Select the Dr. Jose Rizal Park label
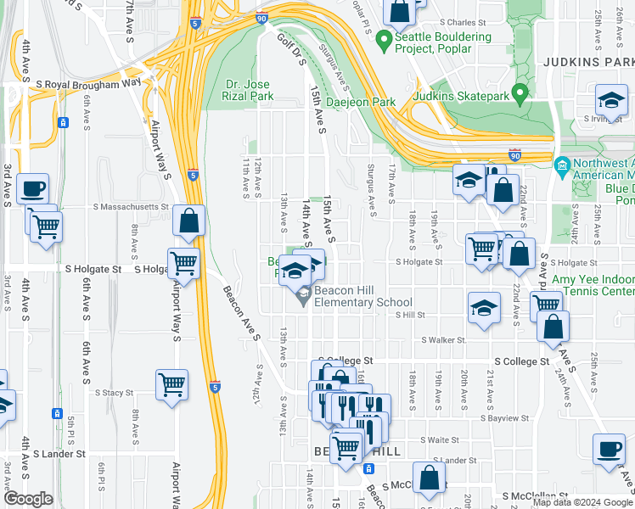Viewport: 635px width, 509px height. click(250, 90)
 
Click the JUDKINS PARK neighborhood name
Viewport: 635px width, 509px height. click(587, 62)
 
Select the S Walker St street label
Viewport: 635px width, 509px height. click(443, 340)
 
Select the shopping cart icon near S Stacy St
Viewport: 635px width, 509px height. click(172, 385)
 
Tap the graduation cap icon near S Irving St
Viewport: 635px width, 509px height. click(610, 100)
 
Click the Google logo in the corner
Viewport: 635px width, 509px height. click(28, 499)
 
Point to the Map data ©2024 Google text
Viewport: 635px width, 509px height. click(582, 502)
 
